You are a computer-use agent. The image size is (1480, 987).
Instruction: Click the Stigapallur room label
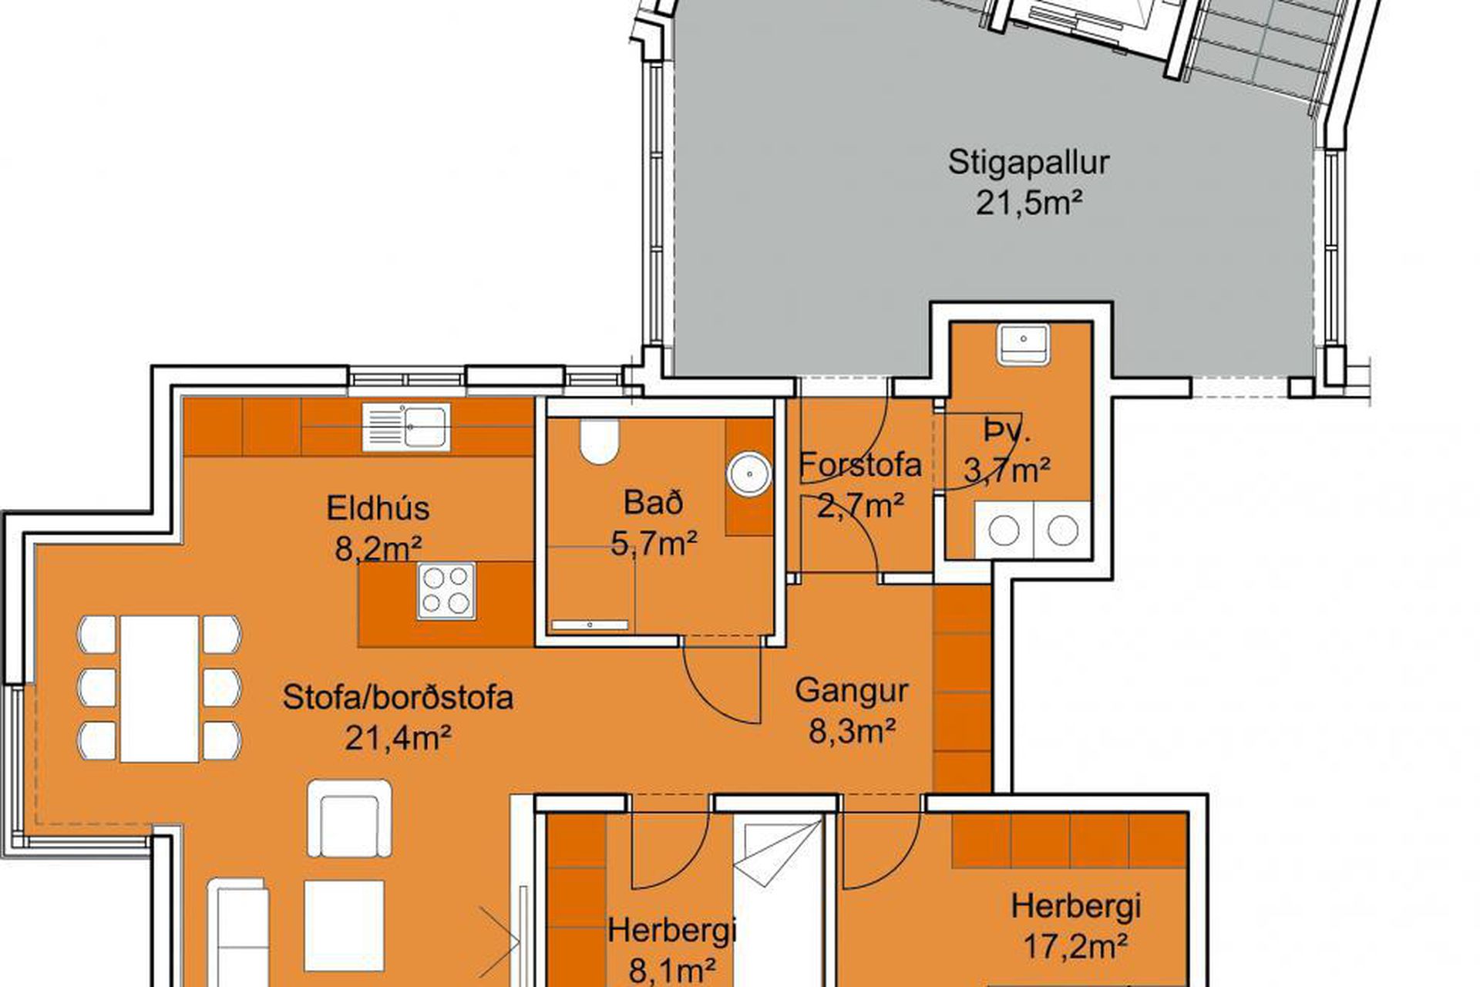tap(1028, 163)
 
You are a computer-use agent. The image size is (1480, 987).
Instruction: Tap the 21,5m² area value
tap(1029, 204)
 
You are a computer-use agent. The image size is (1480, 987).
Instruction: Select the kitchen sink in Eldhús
tap(406, 427)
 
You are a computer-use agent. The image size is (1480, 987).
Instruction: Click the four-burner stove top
tap(446, 591)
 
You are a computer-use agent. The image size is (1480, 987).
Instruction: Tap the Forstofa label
tap(860, 465)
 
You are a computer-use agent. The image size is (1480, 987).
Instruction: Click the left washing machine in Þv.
tap(1004, 530)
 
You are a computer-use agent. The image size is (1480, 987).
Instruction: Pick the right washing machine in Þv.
tap(1062, 530)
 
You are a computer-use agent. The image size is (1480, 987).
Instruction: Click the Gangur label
tap(851, 691)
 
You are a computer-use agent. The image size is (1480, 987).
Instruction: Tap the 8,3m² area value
tap(852, 730)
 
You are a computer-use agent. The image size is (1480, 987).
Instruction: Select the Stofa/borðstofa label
tap(398, 697)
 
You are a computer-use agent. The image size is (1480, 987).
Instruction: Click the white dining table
tap(160, 689)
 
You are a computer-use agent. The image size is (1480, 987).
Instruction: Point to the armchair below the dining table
tap(349, 819)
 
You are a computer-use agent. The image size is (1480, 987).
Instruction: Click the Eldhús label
tap(378, 509)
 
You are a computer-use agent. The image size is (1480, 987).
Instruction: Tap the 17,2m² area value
tap(1076, 945)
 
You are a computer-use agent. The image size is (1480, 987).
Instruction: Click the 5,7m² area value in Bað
tap(654, 544)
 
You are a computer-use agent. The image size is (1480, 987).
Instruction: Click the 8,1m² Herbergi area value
tap(673, 970)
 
